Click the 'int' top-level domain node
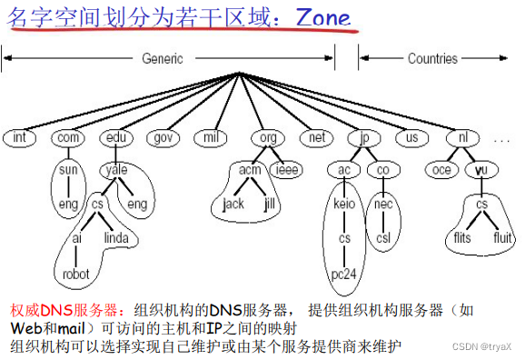click(x=19, y=137)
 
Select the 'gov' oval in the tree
click(x=163, y=137)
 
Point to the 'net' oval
click(x=316, y=137)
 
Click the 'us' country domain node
click(x=411, y=137)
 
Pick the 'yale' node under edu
click(x=115, y=170)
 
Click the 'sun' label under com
click(x=68, y=170)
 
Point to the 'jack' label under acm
click(x=233, y=205)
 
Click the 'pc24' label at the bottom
click(x=343, y=273)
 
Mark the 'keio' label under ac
click(x=343, y=205)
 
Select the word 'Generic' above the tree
click(x=163, y=59)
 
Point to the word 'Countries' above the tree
click(x=432, y=59)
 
